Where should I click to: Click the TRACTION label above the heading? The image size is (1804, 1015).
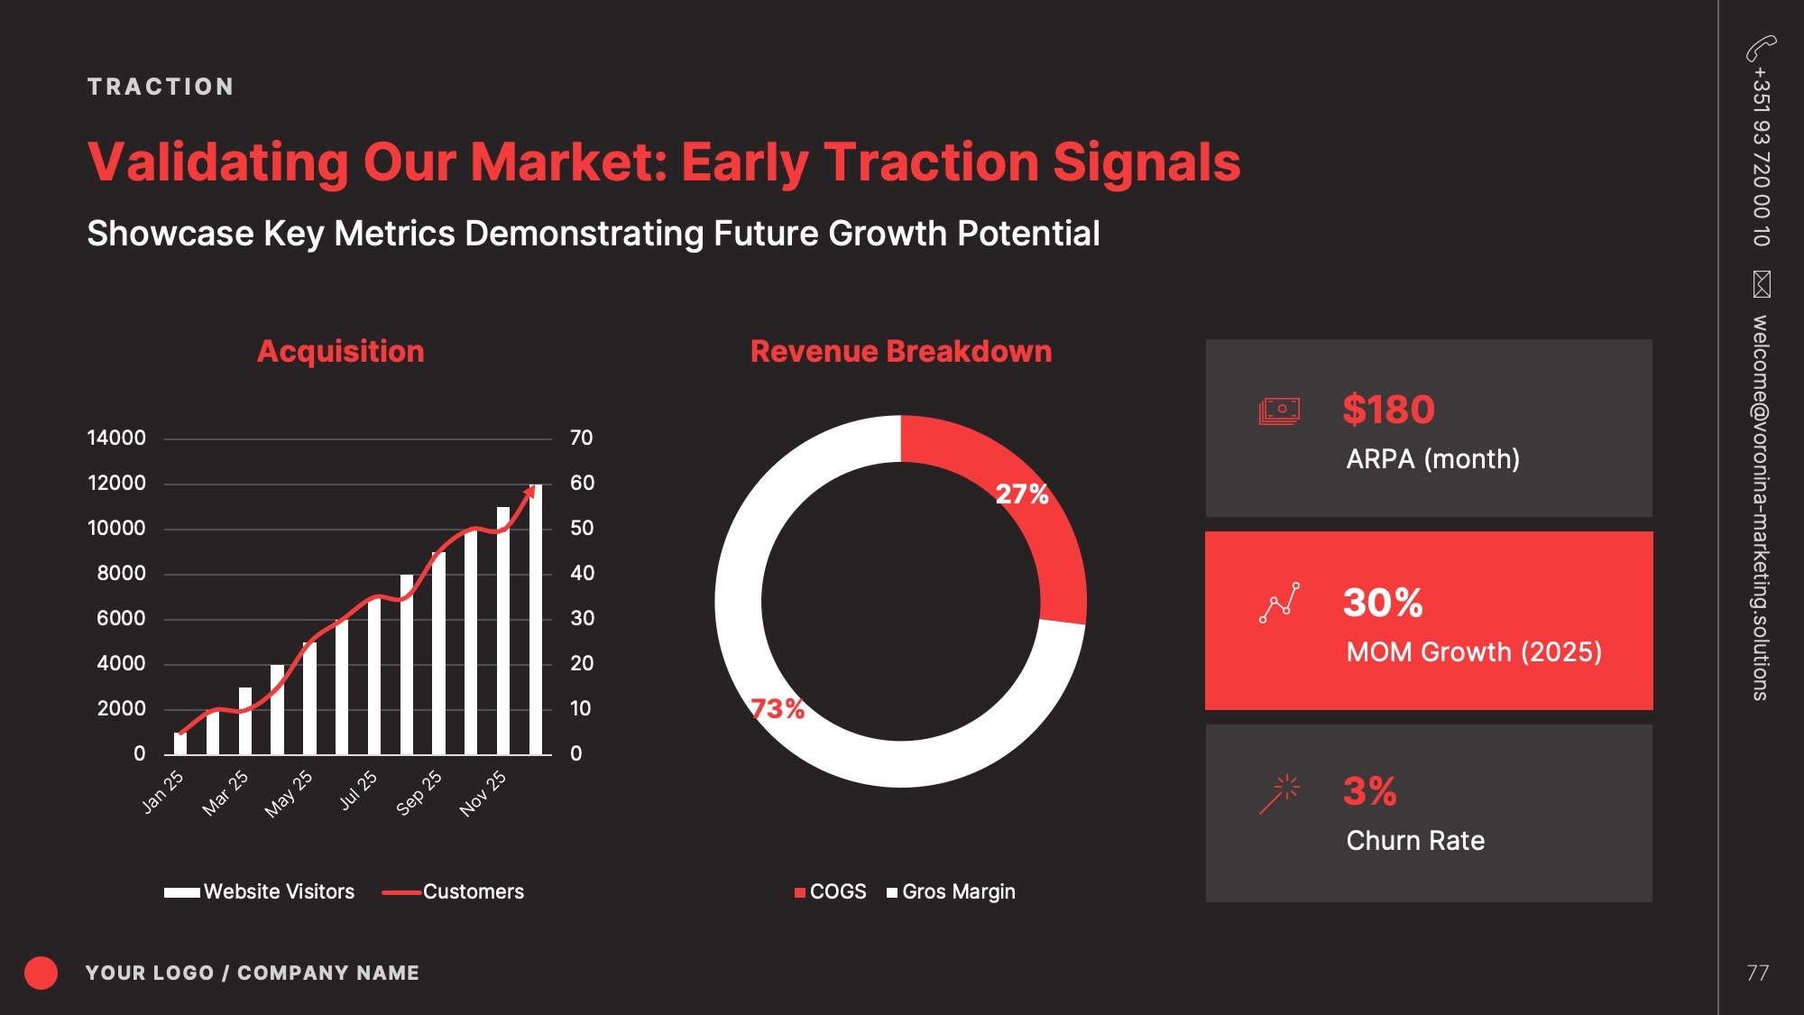(x=161, y=87)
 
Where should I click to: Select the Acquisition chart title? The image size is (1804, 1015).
(x=340, y=351)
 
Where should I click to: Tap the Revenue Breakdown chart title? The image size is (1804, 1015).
(x=901, y=351)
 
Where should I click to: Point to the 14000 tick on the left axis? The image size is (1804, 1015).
(x=116, y=438)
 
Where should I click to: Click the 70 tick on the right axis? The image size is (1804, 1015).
(x=582, y=438)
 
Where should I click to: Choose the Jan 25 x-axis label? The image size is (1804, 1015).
(x=162, y=792)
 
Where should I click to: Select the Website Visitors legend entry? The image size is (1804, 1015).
(x=260, y=891)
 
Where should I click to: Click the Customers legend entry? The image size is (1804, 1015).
(x=453, y=891)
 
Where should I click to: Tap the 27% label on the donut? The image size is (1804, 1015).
(x=1022, y=494)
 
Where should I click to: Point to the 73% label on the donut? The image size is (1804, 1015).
(x=778, y=708)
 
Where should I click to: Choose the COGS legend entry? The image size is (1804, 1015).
(x=830, y=891)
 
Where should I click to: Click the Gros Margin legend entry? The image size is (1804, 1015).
(x=951, y=891)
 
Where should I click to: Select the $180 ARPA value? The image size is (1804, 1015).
(x=1388, y=410)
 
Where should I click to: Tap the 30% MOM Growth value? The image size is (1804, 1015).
(x=1383, y=603)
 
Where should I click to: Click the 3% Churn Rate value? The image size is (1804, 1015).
(x=1369, y=791)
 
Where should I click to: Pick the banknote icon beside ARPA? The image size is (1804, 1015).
(x=1279, y=411)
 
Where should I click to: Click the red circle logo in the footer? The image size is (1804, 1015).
(x=41, y=973)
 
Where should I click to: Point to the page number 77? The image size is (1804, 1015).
(x=1757, y=973)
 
